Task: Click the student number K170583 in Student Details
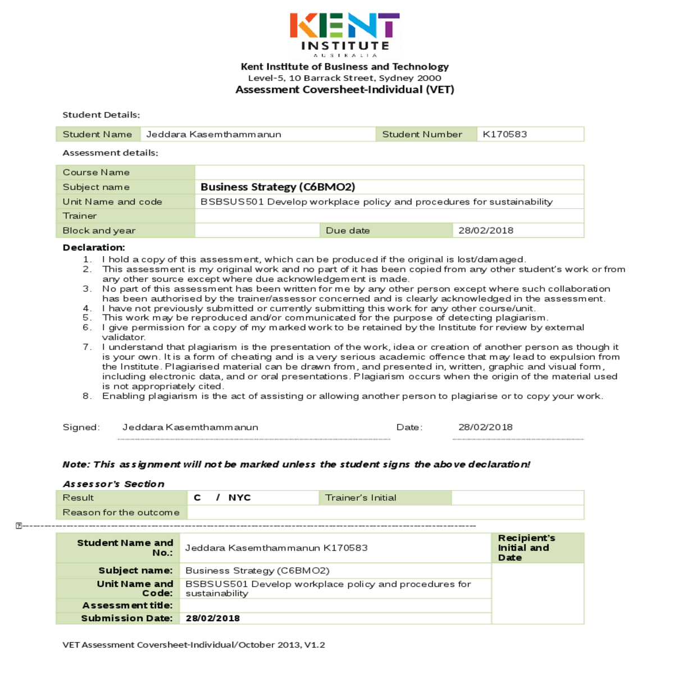coord(505,134)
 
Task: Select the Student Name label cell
coord(97,134)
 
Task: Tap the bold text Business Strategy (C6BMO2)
coord(277,187)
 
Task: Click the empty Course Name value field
coord(389,172)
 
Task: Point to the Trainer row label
coord(80,216)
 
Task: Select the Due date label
coord(348,230)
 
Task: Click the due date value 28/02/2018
coord(486,230)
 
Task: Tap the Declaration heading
coord(94,248)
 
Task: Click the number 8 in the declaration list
coord(86,396)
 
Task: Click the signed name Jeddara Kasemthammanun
coord(190,427)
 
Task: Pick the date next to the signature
coord(485,427)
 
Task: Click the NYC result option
coord(239,498)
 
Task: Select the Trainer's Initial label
coord(361,498)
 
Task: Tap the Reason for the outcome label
coord(121,512)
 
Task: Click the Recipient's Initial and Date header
coord(526,548)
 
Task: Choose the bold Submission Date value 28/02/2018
coord(212,618)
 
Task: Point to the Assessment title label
coord(127,605)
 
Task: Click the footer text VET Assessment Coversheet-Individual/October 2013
coord(194,645)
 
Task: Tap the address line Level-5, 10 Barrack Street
coord(344,78)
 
